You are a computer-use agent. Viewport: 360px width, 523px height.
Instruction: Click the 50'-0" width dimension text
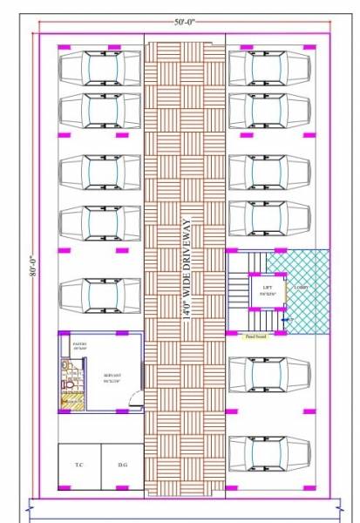(x=184, y=21)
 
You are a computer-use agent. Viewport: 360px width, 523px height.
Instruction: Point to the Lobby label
(x=301, y=285)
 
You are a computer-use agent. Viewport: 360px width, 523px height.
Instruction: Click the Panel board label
(x=255, y=335)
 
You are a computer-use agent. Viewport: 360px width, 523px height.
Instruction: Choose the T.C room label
(x=79, y=465)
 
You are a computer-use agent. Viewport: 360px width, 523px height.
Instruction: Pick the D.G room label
(x=123, y=465)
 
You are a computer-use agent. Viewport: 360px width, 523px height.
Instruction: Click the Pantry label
(x=78, y=346)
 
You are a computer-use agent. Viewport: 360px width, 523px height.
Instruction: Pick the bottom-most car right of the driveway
(x=269, y=454)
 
